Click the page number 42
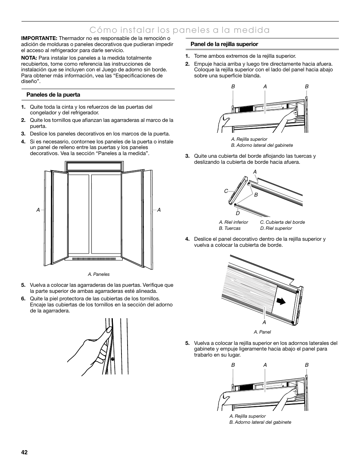[25, 452]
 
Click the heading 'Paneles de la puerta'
[53, 95]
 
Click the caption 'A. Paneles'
[98, 274]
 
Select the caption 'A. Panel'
[262, 332]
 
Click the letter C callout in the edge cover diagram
[226, 191]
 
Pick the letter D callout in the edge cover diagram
[238, 213]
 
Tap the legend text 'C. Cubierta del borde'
[282, 222]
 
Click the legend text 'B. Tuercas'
[229, 228]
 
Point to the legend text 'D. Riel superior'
[276, 228]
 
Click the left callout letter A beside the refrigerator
[38, 210]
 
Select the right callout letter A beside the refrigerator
[159, 210]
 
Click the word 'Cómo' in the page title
[102, 30]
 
